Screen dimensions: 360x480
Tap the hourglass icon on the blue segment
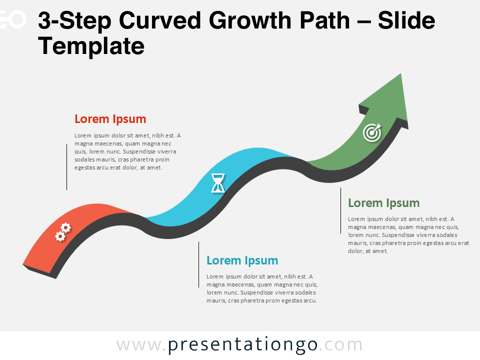218,183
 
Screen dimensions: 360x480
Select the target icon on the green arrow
372,132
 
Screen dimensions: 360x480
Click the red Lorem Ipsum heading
110,119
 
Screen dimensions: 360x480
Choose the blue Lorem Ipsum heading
242,260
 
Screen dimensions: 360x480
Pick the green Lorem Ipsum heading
383,203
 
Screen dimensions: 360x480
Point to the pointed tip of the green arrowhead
400,74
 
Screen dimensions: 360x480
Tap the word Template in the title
91,46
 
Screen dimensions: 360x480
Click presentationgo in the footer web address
242,344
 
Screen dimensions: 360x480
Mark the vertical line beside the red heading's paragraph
66,167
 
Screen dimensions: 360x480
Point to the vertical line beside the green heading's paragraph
340,210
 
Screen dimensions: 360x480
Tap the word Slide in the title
406,21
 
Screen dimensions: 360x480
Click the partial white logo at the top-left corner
12,20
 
